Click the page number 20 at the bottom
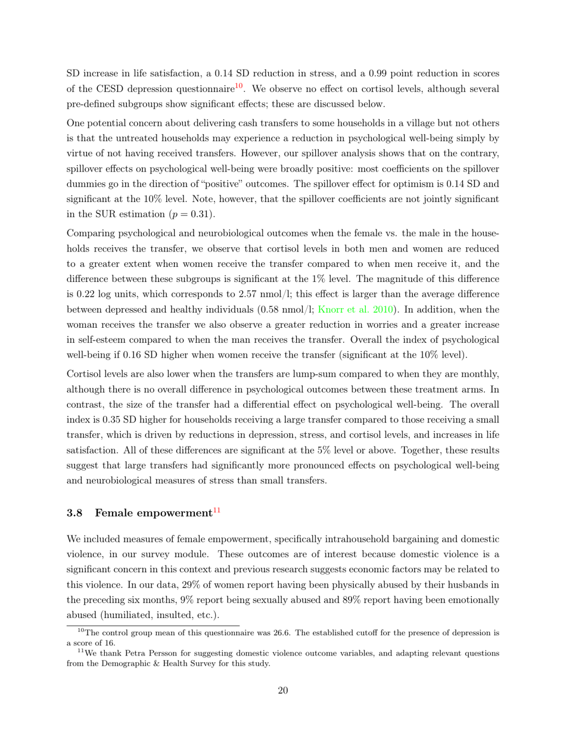[x=283, y=691]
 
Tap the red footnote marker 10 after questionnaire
[x=238, y=86]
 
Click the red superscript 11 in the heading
[x=217, y=510]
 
